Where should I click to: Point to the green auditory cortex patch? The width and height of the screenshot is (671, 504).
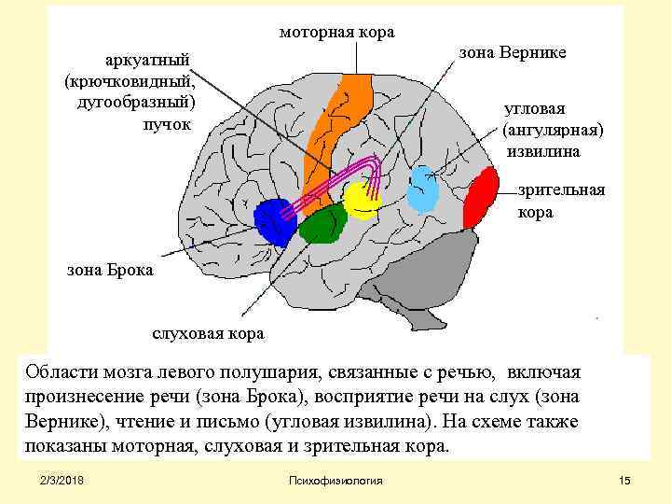(x=323, y=225)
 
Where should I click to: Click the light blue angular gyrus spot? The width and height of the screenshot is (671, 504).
(x=424, y=189)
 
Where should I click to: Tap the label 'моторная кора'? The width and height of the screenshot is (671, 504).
(x=337, y=33)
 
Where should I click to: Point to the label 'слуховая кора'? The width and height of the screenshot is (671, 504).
(x=208, y=333)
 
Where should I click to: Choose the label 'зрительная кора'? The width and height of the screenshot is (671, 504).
(x=561, y=201)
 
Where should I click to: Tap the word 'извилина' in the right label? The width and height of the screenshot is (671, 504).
(x=544, y=150)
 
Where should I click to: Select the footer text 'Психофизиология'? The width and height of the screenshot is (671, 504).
(x=335, y=480)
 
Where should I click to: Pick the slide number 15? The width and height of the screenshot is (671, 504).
(x=624, y=480)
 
